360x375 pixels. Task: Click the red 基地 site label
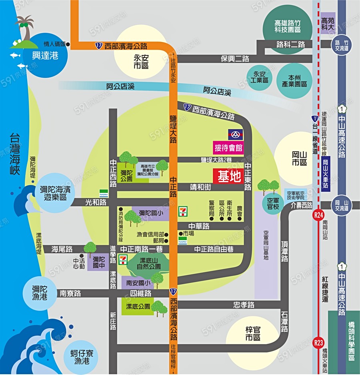[228, 176]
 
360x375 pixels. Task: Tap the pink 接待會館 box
[228, 148]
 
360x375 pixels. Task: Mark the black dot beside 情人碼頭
[68, 44]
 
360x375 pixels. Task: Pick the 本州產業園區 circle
[294, 81]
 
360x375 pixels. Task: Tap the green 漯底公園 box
[138, 306]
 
